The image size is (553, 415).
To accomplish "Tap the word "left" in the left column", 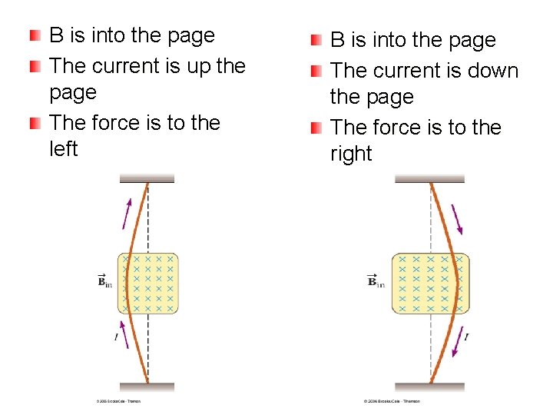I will [63, 149].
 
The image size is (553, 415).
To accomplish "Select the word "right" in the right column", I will [351, 154].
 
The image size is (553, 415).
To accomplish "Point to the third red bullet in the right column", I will [316, 128].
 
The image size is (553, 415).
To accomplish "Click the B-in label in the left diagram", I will [104, 281].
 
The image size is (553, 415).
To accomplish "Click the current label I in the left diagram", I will [115, 337].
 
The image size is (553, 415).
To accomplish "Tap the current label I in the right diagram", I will [467, 337].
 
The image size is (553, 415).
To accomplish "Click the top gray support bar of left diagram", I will [147, 178].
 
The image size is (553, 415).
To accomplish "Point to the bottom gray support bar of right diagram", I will [430, 387].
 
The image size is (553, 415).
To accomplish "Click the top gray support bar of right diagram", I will [430, 178].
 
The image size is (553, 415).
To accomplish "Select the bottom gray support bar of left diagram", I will [147, 387].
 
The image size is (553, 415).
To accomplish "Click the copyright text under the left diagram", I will [118, 401].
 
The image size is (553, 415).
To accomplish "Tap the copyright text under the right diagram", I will [392, 401].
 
